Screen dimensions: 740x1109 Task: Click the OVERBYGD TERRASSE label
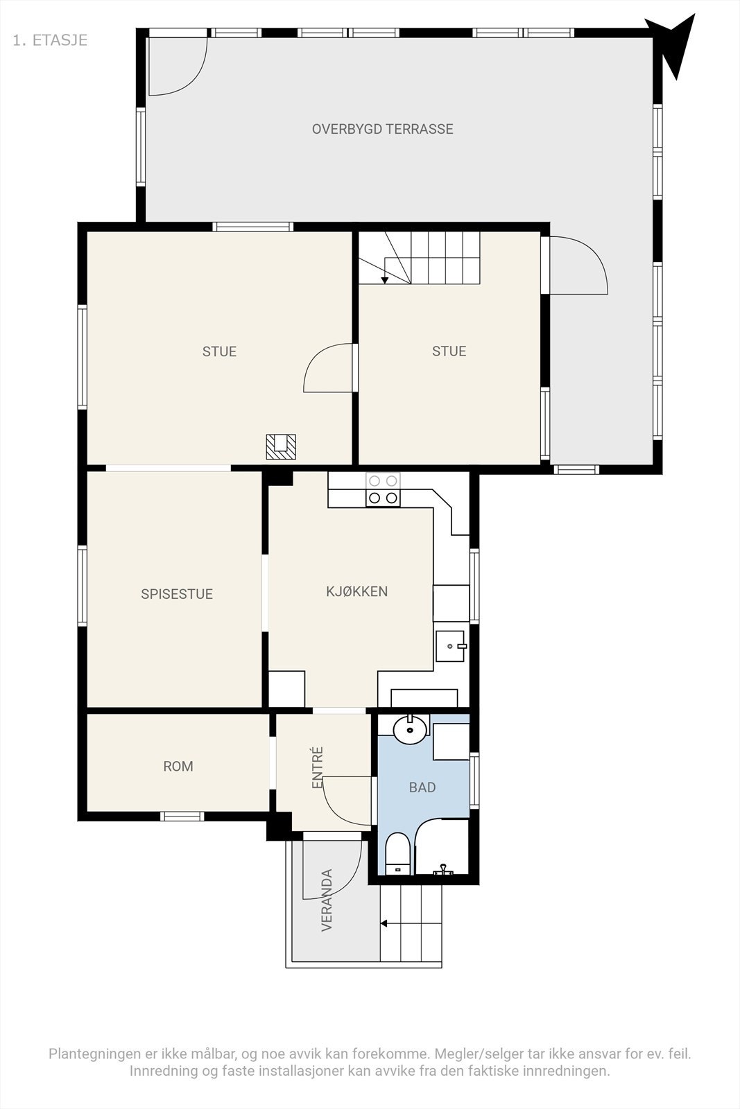point(382,129)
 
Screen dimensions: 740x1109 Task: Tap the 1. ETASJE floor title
point(50,40)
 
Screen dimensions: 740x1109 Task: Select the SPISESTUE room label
point(177,594)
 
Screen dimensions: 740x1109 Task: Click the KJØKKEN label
point(356,591)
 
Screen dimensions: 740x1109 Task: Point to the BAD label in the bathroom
point(422,787)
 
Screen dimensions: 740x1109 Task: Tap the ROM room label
point(178,767)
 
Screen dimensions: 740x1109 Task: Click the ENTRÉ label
point(318,767)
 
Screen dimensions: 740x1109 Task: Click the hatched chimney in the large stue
point(281,446)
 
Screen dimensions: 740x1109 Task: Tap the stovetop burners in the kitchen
point(383,489)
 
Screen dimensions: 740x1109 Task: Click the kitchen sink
point(450,646)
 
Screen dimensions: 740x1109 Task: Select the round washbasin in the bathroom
point(410,729)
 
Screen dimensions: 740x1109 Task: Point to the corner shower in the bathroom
point(441,846)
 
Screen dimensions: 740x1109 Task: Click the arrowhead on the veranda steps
point(384,923)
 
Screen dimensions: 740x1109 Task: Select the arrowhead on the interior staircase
point(385,281)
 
